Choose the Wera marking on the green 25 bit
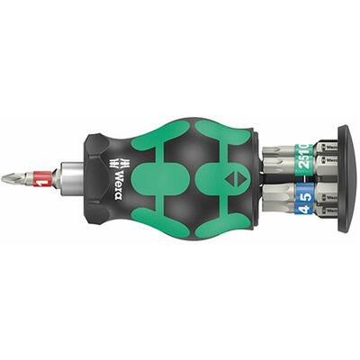point(328,160)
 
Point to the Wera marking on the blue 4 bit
point(328,217)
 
